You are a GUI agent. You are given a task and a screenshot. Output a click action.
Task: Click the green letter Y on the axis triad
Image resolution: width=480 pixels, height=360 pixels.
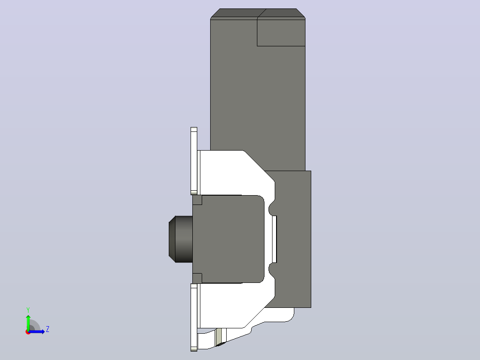tap(28, 310)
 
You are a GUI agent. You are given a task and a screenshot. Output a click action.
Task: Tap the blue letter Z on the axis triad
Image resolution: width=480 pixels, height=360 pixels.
tap(48, 329)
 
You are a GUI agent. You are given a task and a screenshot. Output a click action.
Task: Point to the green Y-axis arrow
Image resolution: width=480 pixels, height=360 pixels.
tap(28, 323)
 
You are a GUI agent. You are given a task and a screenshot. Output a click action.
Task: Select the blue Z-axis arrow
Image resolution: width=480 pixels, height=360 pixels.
tap(37, 331)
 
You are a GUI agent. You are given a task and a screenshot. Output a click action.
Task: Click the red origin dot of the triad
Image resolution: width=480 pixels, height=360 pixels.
tap(28, 332)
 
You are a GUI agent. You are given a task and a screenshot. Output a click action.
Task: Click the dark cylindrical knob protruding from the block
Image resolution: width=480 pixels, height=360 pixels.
tap(181, 239)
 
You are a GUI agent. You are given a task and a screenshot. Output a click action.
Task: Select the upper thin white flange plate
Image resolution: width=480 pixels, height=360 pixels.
tap(194, 161)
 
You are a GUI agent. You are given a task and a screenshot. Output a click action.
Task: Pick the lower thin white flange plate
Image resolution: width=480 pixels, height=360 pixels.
tap(194, 317)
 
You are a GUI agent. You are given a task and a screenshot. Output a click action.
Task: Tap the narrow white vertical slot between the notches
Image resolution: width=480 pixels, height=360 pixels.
tap(274, 239)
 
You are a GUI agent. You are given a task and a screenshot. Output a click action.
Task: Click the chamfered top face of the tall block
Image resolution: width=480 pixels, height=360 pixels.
tap(258, 13)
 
